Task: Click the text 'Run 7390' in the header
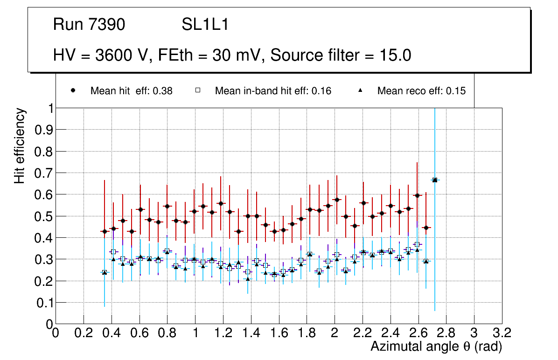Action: pos(89,25)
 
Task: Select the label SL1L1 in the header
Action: pos(205,25)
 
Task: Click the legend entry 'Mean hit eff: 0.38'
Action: pos(131,91)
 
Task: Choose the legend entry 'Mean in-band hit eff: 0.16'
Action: pos(273,91)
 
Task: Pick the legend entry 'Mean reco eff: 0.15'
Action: pos(421,91)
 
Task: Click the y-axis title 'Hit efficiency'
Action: pos(20,145)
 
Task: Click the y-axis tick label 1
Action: pos(49,108)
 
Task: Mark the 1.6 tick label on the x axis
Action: pos(279,332)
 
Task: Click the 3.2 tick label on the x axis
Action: pos(502,332)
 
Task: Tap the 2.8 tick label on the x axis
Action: pos(446,332)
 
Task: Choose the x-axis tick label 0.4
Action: pos(111,332)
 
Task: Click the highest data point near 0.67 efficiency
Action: pos(435,180)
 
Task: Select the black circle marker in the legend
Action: pos(73,91)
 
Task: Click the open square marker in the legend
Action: pos(198,91)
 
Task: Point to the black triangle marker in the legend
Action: pos(360,91)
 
